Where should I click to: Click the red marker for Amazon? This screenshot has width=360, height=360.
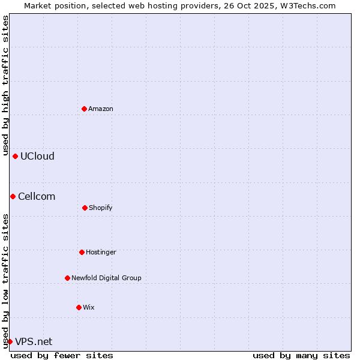84,109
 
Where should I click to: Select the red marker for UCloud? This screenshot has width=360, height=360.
15,156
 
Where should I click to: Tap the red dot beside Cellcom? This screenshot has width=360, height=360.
13,196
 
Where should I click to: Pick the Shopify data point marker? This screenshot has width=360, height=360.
85,208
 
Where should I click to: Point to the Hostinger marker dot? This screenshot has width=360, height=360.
82,252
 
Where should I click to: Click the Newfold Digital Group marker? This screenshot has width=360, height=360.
67,278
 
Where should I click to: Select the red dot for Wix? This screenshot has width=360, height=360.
79,307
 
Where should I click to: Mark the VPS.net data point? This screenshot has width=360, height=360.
10,341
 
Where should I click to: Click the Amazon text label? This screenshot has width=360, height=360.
101,109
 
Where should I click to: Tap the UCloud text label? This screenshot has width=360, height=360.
37,156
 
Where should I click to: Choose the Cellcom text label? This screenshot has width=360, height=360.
37,196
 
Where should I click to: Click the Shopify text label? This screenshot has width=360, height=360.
101,208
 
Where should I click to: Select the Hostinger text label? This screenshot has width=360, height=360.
101,252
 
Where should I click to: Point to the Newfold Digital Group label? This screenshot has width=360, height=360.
106,278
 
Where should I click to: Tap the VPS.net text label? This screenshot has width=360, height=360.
34,341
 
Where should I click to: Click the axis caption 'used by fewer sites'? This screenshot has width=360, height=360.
62,355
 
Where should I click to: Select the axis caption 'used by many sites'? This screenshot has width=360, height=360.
301,355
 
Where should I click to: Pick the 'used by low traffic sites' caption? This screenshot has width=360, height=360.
5,280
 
